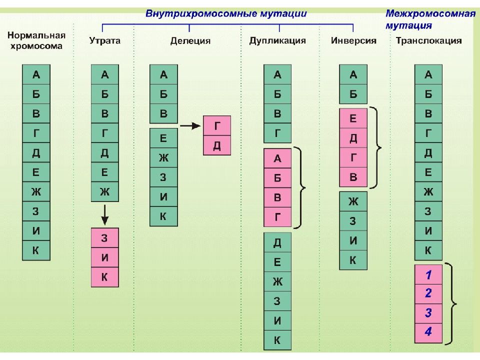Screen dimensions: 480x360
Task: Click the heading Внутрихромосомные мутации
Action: coord(226,14)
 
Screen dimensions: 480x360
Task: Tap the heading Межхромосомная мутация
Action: coord(430,19)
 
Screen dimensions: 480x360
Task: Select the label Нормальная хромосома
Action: coord(36,40)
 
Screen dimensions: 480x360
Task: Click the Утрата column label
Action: coord(104,40)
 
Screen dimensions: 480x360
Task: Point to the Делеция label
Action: coord(190,41)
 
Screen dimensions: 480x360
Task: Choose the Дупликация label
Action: coord(277,40)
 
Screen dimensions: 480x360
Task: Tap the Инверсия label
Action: coord(353,40)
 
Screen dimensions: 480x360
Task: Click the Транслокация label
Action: coord(428,40)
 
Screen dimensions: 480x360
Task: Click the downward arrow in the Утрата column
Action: coord(104,215)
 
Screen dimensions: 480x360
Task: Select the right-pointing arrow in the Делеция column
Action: coord(190,125)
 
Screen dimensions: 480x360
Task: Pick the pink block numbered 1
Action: coord(428,274)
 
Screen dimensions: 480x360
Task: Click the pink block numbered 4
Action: coord(428,332)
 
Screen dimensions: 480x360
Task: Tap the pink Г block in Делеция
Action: coord(217,125)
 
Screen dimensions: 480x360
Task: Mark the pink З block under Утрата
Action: coord(104,238)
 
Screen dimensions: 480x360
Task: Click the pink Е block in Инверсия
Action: coord(353,118)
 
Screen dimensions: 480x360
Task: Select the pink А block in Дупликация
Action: coord(277,158)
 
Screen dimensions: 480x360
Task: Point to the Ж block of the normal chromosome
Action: coord(36,191)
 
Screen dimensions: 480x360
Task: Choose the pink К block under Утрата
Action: coord(104,277)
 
